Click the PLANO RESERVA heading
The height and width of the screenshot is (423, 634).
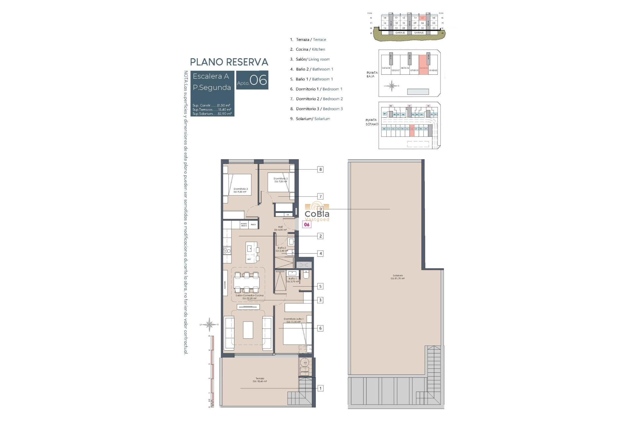pos(229,62)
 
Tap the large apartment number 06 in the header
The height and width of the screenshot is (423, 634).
pos(258,80)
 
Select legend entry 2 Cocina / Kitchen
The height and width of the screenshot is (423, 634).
pos(307,49)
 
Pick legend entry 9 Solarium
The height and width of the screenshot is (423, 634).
pos(310,119)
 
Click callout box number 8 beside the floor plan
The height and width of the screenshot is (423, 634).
pos(320,170)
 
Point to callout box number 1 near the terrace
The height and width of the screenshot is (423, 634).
pos(320,388)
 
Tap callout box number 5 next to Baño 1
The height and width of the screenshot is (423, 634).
pos(320,287)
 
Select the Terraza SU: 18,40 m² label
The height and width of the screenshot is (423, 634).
pos(260,380)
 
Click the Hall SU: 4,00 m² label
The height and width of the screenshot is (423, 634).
pos(280,228)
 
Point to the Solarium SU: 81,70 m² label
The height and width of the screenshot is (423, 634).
pos(398,277)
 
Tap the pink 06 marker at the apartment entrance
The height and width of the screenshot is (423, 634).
pos(307,225)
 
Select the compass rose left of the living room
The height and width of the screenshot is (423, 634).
pos(209,325)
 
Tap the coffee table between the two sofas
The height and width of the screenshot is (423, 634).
pos(248,330)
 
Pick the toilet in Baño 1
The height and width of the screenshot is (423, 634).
pos(306,275)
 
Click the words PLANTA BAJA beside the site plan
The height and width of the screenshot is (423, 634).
pos(372,74)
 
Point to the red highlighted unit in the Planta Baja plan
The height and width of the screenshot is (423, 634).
pos(423,64)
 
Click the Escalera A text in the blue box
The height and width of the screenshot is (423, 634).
pos(211,76)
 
